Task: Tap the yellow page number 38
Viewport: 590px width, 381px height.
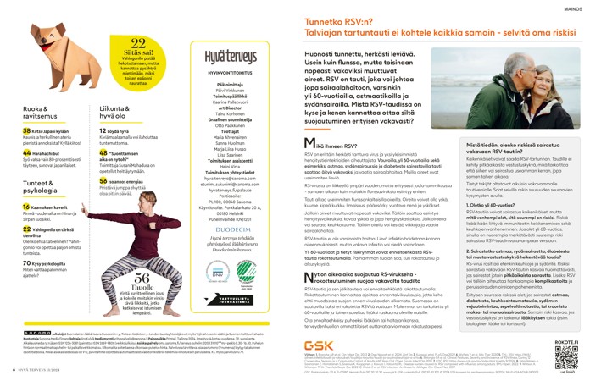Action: point(26,132)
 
